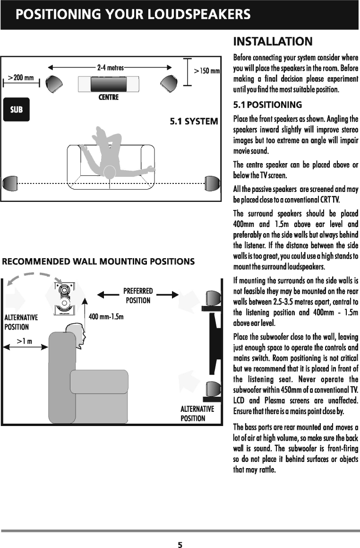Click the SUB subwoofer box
click(17, 109)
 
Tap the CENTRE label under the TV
click(108, 98)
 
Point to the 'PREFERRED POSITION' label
click(137, 296)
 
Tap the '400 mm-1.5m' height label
click(106, 316)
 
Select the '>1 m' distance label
click(25, 340)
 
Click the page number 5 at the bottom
click(180, 543)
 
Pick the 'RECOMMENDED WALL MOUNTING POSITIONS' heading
click(99, 261)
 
